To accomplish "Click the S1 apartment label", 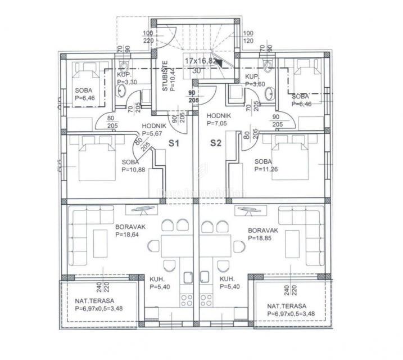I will [174, 143].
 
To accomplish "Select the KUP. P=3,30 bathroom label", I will [127, 78].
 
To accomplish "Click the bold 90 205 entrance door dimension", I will [192, 96].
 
